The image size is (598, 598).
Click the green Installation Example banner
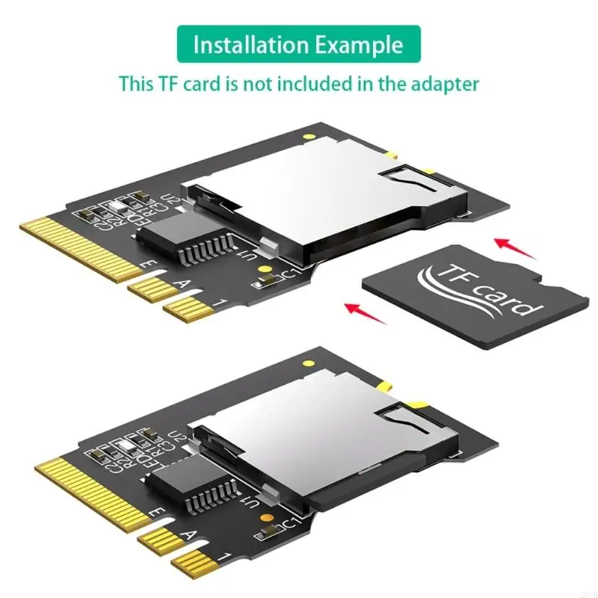click(298, 44)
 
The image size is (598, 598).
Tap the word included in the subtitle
click(316, 83)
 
